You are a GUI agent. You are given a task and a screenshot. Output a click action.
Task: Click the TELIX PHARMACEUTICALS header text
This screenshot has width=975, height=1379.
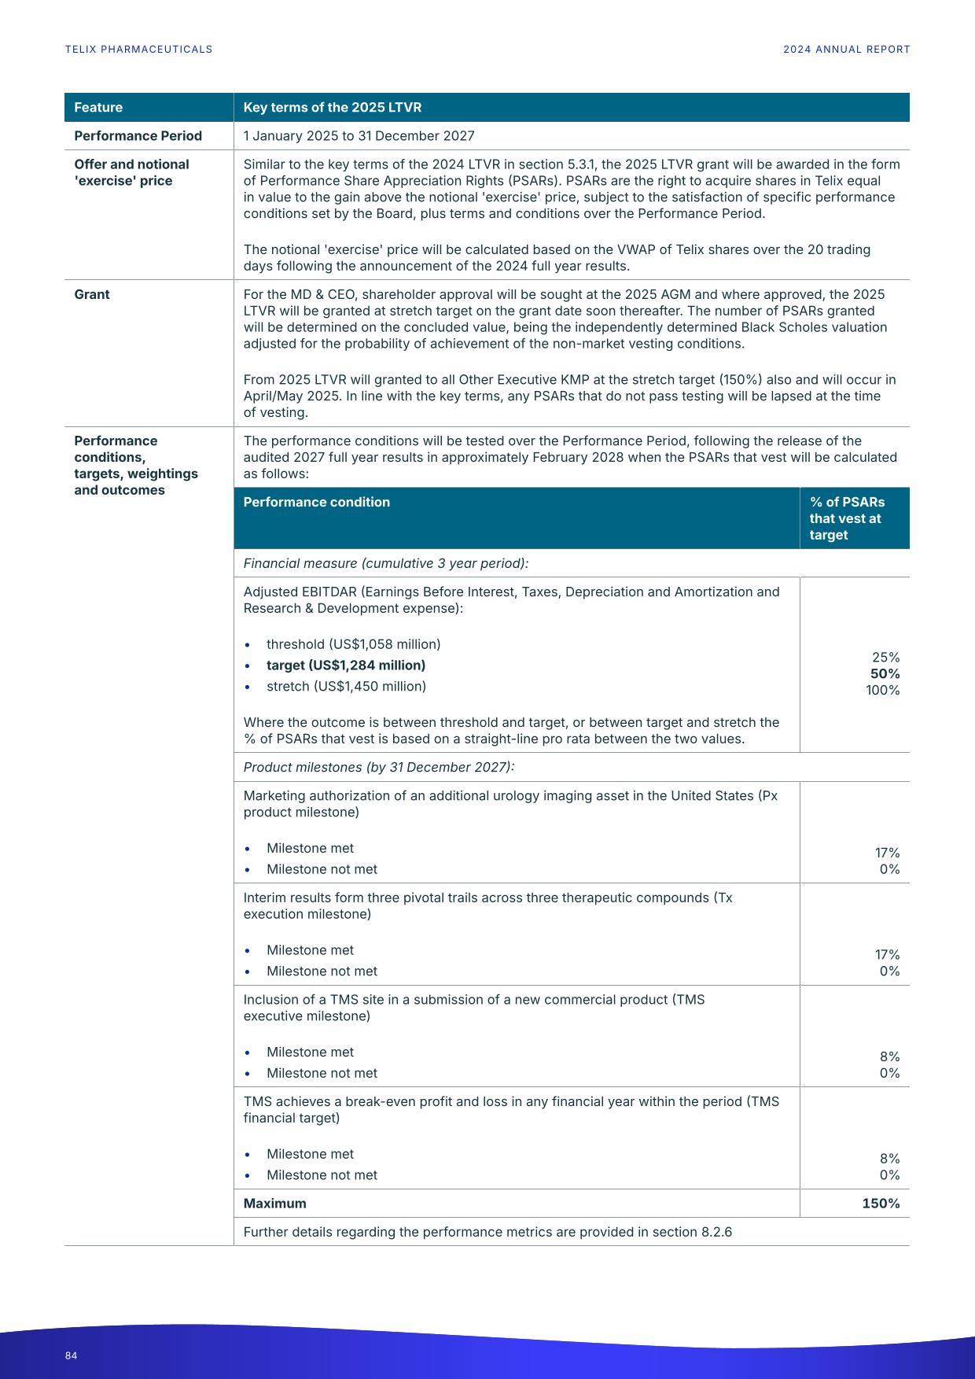138,50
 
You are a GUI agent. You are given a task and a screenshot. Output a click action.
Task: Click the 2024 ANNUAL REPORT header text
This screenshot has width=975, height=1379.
846,50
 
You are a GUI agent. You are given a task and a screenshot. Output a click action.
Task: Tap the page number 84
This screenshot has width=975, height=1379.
72,1355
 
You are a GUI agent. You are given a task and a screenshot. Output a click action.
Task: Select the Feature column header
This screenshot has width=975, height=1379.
98,108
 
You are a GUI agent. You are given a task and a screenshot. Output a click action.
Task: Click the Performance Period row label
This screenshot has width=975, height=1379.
138,136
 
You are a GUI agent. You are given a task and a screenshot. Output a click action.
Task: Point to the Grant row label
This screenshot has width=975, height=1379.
92,294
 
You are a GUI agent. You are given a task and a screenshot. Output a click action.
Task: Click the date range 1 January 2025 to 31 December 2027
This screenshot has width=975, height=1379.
359,136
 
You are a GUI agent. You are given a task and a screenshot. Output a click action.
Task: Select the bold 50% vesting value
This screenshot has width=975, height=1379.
885,674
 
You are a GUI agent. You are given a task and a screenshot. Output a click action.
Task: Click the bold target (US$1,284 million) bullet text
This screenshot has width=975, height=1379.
345,666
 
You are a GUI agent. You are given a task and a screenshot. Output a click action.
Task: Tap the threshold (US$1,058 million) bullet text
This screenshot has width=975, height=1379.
353,644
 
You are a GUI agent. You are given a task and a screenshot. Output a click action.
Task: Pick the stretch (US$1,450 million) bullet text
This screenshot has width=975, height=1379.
346,687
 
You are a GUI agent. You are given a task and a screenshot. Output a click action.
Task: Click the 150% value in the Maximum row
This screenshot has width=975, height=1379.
881,1204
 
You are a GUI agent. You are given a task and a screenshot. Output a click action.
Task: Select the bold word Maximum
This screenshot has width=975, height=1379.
274,1204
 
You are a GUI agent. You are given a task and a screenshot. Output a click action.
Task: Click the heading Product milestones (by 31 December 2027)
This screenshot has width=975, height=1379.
378,768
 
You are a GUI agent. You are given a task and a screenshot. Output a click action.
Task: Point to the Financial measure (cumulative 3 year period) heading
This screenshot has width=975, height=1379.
385,563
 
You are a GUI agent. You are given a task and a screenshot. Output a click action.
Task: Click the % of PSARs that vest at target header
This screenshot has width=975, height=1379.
846,518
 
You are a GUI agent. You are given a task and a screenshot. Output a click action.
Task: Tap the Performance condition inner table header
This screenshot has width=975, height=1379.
316,503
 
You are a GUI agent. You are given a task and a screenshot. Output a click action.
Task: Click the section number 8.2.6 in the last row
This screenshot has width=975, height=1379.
716,1232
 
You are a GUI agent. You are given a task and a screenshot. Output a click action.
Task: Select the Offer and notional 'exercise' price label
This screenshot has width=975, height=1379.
131,172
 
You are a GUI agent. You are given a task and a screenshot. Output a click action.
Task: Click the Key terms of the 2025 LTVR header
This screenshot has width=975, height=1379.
332,108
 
